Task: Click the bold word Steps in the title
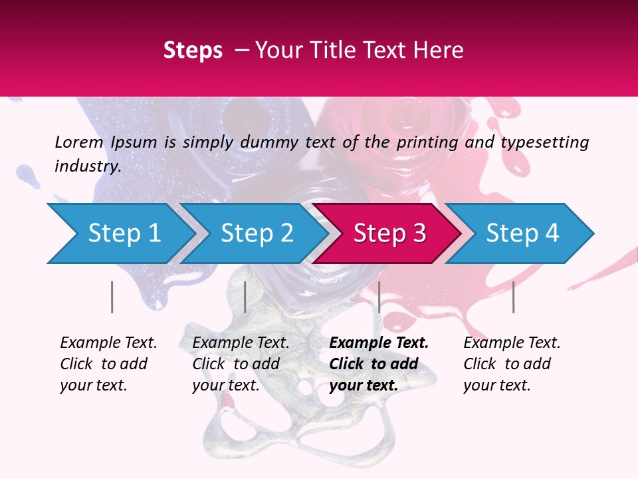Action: coord(193,50)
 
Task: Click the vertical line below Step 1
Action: coord(112,297)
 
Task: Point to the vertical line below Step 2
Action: coord(245,297)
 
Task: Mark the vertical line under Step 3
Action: coord(379,297)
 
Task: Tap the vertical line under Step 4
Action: coord(513,297)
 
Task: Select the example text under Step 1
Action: coord(108,364)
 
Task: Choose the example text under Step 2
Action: coord(241,364)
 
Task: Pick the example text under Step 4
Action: coord(512,364)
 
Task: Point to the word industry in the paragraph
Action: coord(87,166)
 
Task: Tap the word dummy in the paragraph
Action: coord(271,142)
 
